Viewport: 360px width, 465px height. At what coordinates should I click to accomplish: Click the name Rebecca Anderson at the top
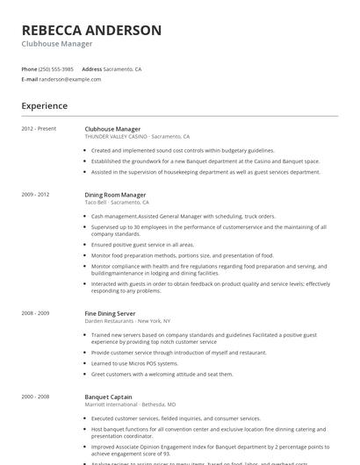coord(91,30)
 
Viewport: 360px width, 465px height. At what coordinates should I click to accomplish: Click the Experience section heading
coord(45,106)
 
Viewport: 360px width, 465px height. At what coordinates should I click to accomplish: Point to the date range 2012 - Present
coord(39,129)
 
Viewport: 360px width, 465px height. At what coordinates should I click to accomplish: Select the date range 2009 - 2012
coord(36,194)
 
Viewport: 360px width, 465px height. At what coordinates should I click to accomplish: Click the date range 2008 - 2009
coord(36,313)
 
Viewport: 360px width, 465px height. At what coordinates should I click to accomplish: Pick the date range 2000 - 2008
coord(36,396)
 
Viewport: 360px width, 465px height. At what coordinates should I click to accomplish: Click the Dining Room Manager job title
coord(115,194)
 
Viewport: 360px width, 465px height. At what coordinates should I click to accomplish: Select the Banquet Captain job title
coord(108,396)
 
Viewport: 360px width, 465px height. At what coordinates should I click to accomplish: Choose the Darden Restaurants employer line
coord(126,320)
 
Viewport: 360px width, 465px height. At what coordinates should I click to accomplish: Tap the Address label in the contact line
coord(92,68)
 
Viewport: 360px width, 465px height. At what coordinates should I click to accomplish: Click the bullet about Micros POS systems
coord(134,362)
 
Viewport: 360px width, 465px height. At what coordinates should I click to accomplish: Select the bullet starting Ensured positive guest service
coord(142,245)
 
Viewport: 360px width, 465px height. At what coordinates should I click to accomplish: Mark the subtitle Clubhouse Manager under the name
coord(57,44)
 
